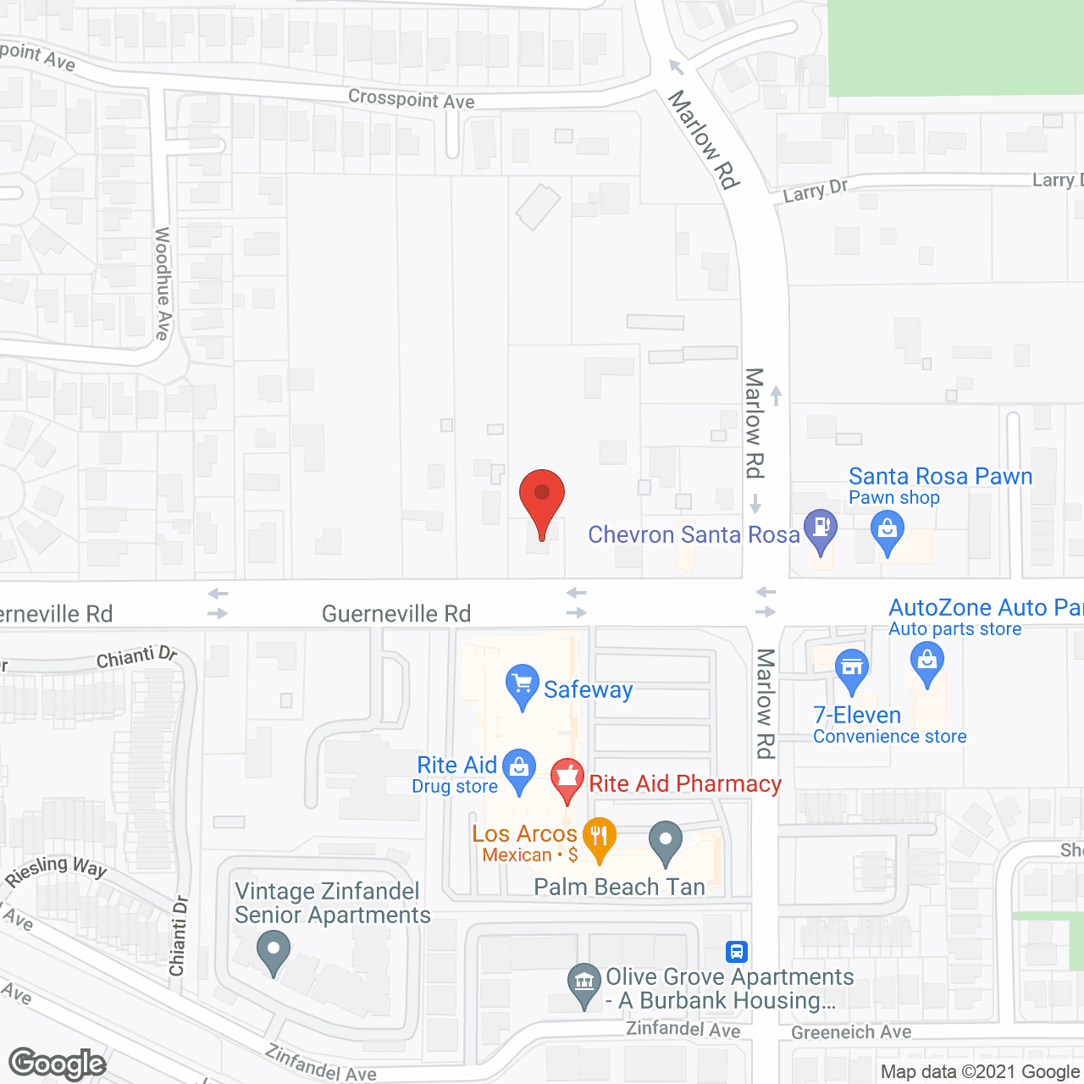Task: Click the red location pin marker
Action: click(541, 496)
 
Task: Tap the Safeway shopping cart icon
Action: click(522, 683)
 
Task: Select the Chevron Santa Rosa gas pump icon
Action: click(820, 528)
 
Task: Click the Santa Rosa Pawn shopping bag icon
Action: click(888, 531)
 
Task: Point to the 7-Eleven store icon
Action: click(851, 667)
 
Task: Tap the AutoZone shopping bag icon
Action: click(927, 659)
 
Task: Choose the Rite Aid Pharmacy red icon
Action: click(567, 776)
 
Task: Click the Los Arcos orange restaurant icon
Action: click(599, 837)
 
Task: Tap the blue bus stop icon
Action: click(737, 951)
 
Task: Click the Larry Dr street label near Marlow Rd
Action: click(815, 191)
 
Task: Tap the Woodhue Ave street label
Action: click(163, 283)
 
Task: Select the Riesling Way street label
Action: click(56, 871)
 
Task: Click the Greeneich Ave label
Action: click(851, 1032)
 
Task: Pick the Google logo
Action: click(58, 1064)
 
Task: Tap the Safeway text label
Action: click(588, 689)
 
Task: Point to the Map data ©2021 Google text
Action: click(981, 1071)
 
